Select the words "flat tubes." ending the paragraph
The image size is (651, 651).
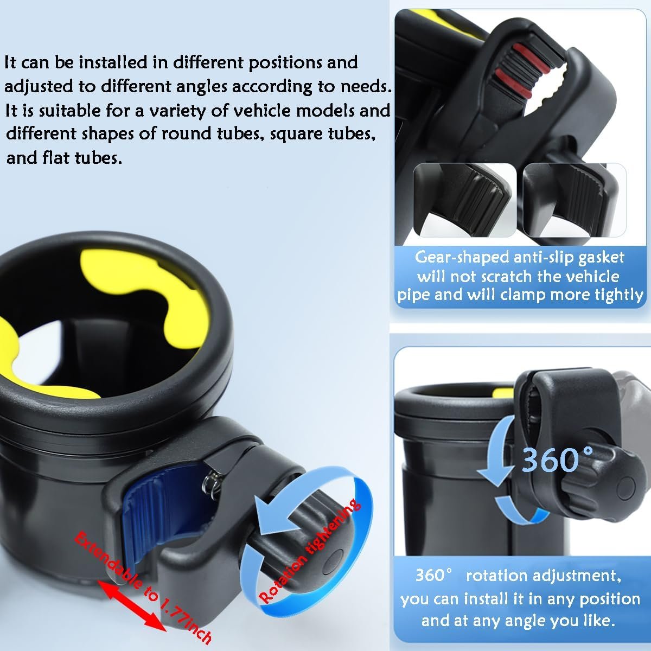82,158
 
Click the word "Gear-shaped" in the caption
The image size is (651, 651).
462,258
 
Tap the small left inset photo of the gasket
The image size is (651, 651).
465,200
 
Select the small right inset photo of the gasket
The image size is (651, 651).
575,200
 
